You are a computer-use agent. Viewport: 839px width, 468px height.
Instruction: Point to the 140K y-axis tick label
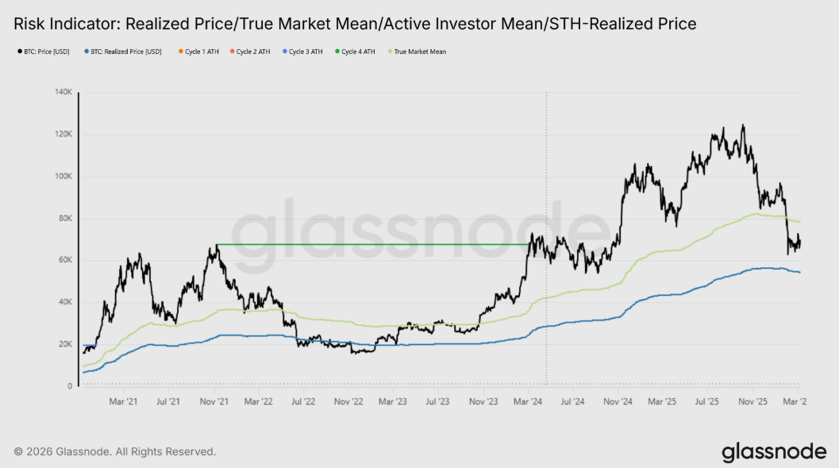tap(64, 92)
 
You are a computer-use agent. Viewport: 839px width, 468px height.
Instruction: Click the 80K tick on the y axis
tap(65, 218)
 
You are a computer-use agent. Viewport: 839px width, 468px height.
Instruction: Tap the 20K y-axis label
tap(65, 344)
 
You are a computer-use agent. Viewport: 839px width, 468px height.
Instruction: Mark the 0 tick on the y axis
tap(71, 386)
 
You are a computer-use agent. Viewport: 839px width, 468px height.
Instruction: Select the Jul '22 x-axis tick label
tap(304, 402)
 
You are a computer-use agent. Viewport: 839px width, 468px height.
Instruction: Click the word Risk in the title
tap(30, 24)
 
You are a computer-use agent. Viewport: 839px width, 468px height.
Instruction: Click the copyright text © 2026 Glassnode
tap(71, 451)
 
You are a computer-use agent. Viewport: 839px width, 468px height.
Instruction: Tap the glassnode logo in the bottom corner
tap(773, 452)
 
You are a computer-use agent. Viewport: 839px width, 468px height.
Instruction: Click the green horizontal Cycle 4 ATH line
tap(373, 244)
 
